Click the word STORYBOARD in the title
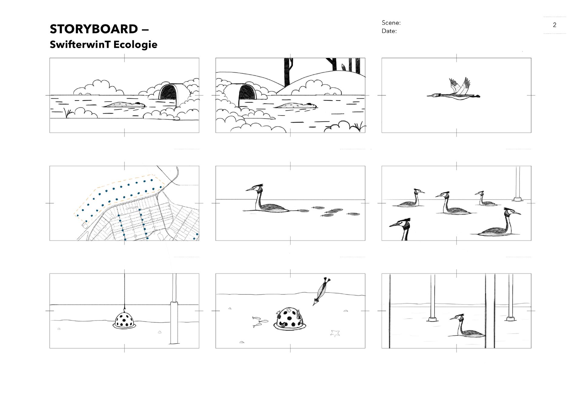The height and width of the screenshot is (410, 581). pos(94,29)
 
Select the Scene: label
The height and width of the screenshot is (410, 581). pos(391,23)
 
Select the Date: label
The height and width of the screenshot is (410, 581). pos(389,31)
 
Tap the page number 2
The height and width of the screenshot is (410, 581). pos(554,25)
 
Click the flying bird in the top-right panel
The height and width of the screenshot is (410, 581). pos(455,91)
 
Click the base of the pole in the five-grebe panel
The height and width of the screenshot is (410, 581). pos(517,199)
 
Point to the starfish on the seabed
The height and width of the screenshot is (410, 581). pos(335,333)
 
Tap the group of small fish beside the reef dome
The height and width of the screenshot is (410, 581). pos(259,322)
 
